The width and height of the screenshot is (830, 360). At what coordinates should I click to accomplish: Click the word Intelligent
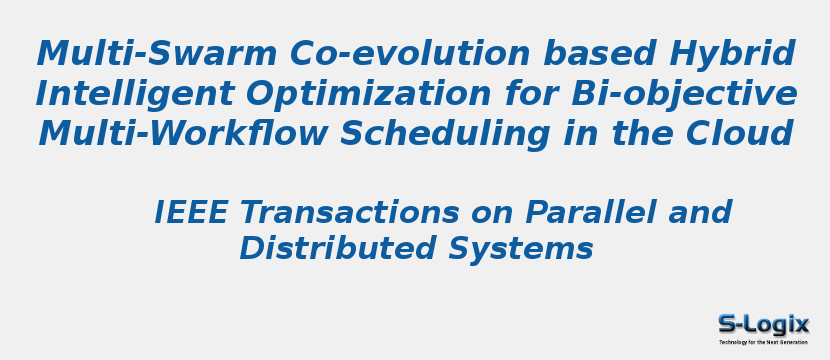coord(135,95)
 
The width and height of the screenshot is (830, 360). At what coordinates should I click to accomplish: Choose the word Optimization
coord(368,95)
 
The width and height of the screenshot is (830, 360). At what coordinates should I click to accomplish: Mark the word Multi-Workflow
coord(183,132)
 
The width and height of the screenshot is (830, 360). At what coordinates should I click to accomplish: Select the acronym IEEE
coord(191,212)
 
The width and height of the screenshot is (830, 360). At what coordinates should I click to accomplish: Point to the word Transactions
coord(350,212)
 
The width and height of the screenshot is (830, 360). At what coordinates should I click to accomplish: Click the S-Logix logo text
coord(763,325)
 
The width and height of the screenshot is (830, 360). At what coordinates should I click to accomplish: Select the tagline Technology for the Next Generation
coord(763,343)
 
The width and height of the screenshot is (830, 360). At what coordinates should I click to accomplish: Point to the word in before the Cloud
coord(577,132)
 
